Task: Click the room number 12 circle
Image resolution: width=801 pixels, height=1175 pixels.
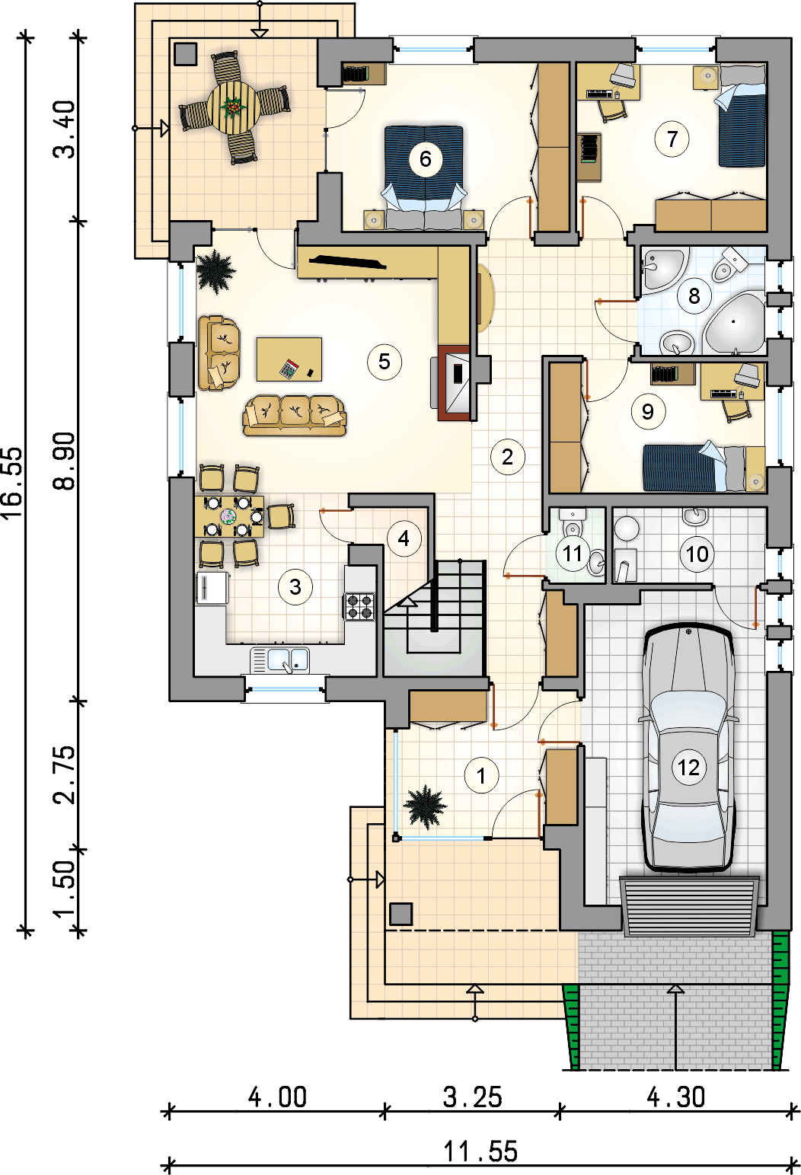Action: [688, 768]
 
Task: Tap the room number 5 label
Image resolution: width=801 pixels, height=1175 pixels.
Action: [384, 362]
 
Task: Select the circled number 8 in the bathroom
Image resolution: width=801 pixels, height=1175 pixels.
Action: [694, 296]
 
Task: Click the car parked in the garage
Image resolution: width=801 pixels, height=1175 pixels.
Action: [688, 747]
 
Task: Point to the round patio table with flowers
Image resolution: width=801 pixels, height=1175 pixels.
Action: [234, 108]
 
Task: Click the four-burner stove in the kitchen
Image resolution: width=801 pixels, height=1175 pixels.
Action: [360, 606]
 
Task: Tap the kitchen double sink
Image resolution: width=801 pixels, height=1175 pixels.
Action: [280, 660]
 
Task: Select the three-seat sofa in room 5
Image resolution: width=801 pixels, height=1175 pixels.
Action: [294, 416]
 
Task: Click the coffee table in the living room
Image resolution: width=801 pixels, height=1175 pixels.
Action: [289, 359]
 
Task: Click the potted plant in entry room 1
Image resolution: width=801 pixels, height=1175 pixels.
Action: [425, 806]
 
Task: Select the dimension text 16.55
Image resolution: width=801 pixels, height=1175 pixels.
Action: [12, 483]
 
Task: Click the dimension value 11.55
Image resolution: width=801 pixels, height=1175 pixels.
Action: [480, 1151]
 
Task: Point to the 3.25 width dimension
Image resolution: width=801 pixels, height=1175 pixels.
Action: [472, 1097]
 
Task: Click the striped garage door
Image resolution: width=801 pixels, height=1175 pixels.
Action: [689, 906]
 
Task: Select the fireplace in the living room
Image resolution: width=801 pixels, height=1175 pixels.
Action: [455, 383]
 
